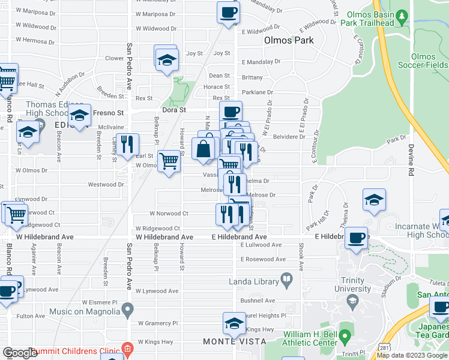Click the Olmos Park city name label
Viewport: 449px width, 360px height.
point(289,41)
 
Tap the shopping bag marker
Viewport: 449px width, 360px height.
point(203,149)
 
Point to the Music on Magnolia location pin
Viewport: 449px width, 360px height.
point(127,310)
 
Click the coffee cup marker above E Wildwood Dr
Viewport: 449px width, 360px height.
point(228,13)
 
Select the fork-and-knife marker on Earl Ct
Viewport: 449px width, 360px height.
point(127,145)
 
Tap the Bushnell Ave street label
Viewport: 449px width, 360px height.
point(258,301)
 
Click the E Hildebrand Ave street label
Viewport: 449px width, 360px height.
point(240,237)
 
